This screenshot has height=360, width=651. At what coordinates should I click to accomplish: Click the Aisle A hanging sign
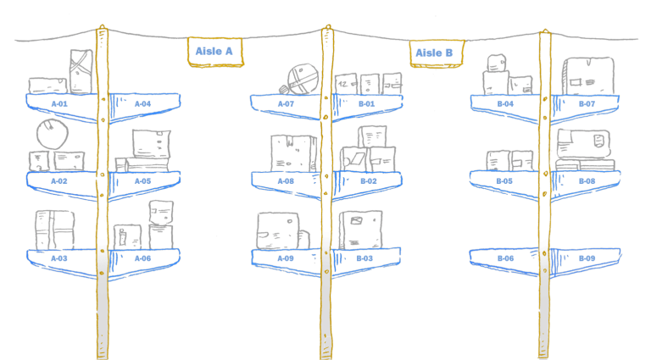pos(215,52)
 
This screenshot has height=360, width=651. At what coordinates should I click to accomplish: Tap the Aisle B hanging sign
pos(437,53)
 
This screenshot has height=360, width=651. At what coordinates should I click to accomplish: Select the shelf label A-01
pos(59,103)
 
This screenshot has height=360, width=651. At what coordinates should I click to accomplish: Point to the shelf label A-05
pos(142,181)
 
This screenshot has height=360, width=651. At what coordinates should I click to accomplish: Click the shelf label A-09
pos(286,258)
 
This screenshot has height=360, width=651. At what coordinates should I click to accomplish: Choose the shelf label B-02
pos(369,181)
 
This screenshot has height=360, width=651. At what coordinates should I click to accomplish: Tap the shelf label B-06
pos(506,258)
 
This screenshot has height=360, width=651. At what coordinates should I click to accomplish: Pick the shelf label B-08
pos(587,181)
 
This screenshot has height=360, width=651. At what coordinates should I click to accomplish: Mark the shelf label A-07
pos(286,103)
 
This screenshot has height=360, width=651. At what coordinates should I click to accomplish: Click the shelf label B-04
pos(505,103)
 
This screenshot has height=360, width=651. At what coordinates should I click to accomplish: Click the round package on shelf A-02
pos(53,134)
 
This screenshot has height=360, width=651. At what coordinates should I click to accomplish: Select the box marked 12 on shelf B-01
pos(346,85)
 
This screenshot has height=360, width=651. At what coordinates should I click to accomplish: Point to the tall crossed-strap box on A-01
pos(81,72)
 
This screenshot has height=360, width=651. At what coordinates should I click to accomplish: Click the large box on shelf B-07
pos(588,76)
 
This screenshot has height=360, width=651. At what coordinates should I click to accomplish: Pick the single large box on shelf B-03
pos(360,230)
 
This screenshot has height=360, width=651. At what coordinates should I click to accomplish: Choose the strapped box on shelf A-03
pos(55,230)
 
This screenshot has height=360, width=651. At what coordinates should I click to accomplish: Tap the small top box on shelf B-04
pos(497,63)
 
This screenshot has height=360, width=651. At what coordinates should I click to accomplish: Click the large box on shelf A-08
pos(293,153)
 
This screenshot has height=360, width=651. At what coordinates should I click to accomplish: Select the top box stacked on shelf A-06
pos(161,213)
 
